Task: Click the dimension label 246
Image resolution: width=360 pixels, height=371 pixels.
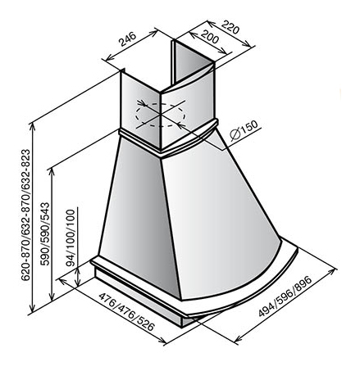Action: pos(127,39)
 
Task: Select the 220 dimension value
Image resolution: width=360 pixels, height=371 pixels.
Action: pos(230,27)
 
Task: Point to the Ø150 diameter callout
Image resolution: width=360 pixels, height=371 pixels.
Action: pos(244,130)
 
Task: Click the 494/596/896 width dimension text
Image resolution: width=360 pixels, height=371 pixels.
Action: pos(285,296)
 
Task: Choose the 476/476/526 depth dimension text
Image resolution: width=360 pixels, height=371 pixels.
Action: pos(126,312)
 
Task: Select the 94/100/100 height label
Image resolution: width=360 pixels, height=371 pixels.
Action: pos(71,238)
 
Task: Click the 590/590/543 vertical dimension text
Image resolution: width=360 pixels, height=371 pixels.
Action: pos(45,234)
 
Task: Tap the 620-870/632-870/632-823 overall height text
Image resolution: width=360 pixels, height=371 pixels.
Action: pos(25,215)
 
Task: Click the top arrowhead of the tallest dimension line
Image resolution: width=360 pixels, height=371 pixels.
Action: pos(33,126)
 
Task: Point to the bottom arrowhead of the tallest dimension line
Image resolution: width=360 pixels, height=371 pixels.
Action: pos(33,309)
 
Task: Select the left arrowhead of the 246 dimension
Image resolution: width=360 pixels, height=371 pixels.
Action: pos(109,57)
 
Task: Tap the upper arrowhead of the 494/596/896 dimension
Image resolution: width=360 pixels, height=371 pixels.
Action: pos(330,271)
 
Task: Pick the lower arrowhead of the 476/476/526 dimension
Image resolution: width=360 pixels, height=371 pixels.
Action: pos(162,341)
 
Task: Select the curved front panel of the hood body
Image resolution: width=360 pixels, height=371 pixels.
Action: pos(219,219)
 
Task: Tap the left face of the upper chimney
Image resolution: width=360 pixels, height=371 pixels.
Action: pos(140,108)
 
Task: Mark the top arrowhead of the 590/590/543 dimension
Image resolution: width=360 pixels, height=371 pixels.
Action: pos(52,173)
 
